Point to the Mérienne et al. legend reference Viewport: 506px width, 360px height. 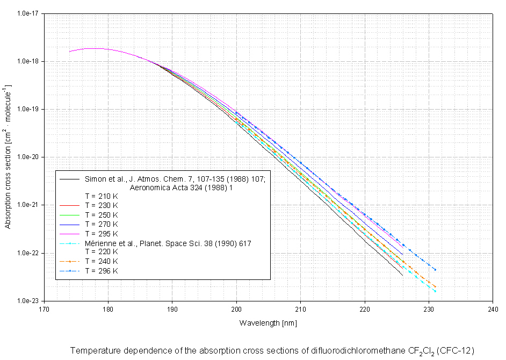[168, 243]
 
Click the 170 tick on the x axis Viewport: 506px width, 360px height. [45, 309]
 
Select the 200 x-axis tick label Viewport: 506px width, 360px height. [236, 309]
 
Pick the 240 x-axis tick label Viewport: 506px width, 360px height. [493, 309]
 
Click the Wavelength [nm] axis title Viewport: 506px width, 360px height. [268, 323]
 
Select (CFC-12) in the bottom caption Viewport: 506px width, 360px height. [456, 351]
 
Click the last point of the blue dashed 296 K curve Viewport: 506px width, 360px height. [435, 270]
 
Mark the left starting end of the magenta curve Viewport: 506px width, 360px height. [70, 52]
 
